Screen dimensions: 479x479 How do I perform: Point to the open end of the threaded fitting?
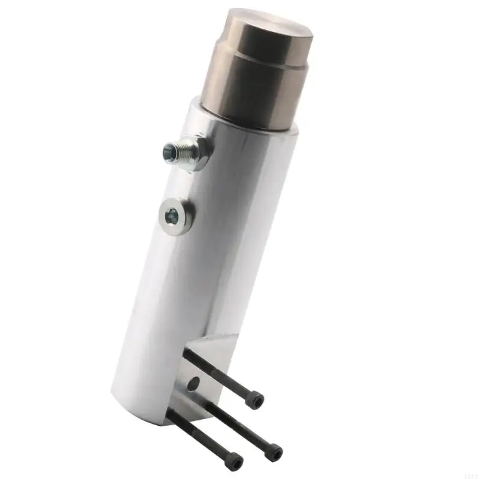[x=168, y=152]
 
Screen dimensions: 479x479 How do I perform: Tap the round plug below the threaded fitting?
[x=176, y=214]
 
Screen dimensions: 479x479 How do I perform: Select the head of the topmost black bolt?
[x=256, y=400]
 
